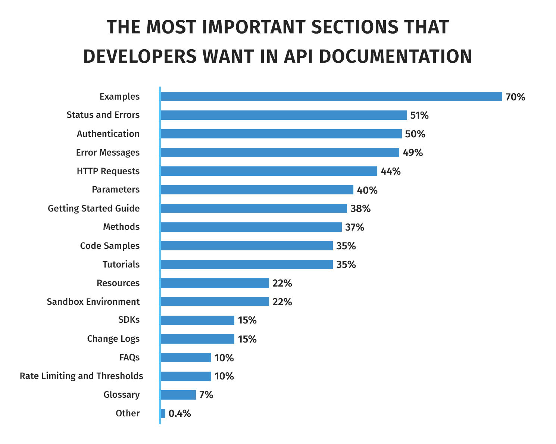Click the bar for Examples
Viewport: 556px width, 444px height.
(331, 97)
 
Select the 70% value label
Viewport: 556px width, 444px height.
(515, 97)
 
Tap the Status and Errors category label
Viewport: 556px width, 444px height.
(103, 115)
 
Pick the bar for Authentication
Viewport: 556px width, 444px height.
(281, 134)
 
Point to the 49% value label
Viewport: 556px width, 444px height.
(412, 153)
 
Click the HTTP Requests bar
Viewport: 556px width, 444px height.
(269, 171)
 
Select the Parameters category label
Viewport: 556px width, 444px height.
(116, 190)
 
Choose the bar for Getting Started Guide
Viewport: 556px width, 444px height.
(254, 209)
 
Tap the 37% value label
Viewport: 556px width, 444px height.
(354, 228)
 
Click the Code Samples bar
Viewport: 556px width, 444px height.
(247, 246)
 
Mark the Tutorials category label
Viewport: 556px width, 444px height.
(121, 265)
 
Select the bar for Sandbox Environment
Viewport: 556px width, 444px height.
(215, 302)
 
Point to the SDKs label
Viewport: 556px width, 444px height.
(129, 320)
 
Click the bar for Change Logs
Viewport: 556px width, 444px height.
(197, 339)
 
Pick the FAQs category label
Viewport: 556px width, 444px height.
(129, 357)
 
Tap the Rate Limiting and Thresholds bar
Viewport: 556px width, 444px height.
(186, 376)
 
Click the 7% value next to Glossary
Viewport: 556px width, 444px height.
(206, 395)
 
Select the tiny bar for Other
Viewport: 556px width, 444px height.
(163, 413)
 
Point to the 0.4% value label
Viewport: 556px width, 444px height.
(179, 414)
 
